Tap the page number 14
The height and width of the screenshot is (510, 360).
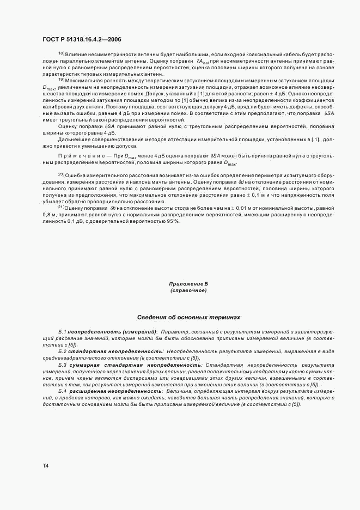[x=45, y=465]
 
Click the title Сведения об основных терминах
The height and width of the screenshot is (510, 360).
[x=188, y=317]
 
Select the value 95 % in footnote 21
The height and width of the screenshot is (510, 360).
[x=173, y=221]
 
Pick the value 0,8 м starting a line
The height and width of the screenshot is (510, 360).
[x=50, y=214]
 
